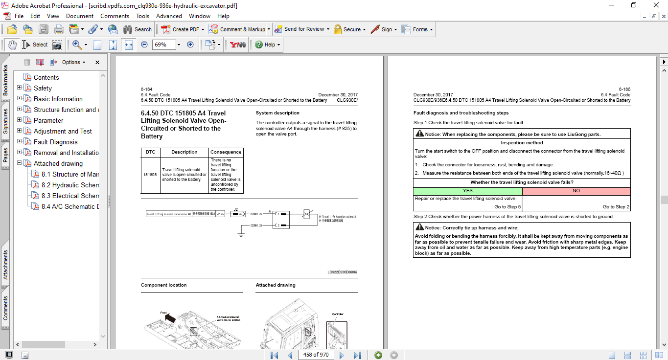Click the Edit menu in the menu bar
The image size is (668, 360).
tap(35, 16)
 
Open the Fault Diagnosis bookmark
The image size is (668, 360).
tap(55, 142)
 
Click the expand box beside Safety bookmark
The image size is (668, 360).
tap(20, 88)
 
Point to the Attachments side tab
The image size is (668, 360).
tap(5, 265)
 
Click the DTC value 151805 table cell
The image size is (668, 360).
tap(150, 175)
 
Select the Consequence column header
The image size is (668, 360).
tap(226, 152)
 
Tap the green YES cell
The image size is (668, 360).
tap(467, 191)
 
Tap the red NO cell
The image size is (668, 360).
tap(576, 191)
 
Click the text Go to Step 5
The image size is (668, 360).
tap(507, 207)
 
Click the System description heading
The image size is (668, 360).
tap(277, 113)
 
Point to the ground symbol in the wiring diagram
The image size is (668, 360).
tap(241, 235)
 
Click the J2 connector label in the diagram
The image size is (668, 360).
tap(235, 209)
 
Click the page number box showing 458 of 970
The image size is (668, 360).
tap(316, 355)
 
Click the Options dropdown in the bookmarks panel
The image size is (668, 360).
tap(73, 62)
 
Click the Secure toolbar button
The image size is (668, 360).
tap(350, 29)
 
